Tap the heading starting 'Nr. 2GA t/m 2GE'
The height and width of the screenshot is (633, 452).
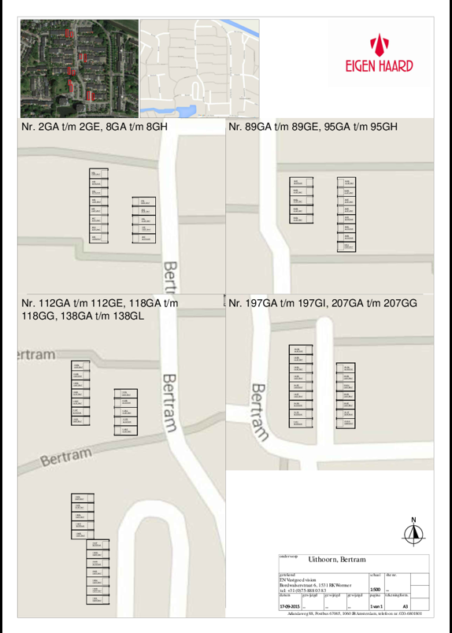coord(94,126)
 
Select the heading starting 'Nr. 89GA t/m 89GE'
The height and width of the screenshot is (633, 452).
coord(313,126)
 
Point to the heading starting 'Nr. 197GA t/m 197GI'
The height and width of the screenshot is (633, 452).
coord(322,302)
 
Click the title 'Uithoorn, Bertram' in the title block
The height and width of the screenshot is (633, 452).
coord(337,558)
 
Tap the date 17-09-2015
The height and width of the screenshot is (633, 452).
coord(290,606)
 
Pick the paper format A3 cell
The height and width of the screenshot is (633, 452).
coord(405,606)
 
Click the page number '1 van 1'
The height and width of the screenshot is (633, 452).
coord(376,606)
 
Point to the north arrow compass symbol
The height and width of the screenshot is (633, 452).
coord(413,535)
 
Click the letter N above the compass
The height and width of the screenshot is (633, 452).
coord(413,520)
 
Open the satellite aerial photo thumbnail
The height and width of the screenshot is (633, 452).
coord(79,68)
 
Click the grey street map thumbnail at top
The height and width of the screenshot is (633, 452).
coord(198,68)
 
